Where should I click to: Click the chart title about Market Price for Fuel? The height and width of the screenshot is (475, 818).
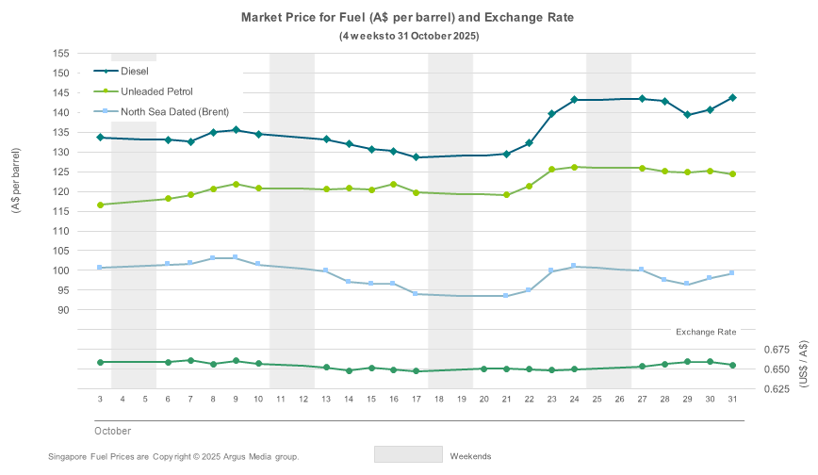(408, 18)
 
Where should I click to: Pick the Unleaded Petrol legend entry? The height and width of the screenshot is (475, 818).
(156, 91)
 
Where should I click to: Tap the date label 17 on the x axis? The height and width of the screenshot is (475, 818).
(416, 400)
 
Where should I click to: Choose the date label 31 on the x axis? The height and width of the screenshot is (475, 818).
(732, 400)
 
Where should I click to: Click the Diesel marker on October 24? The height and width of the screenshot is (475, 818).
(574, 100)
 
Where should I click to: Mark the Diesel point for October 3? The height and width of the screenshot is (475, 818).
(100, 138)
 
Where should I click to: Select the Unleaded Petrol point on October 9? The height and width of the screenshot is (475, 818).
(236, 185)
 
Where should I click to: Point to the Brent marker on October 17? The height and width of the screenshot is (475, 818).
(416, 294)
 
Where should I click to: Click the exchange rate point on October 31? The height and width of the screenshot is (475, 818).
(732, 366)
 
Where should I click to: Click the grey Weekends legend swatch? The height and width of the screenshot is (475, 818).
(408, 455)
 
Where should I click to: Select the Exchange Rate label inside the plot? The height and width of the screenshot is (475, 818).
(706, 332)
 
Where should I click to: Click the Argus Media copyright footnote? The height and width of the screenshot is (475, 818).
(173, 457)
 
